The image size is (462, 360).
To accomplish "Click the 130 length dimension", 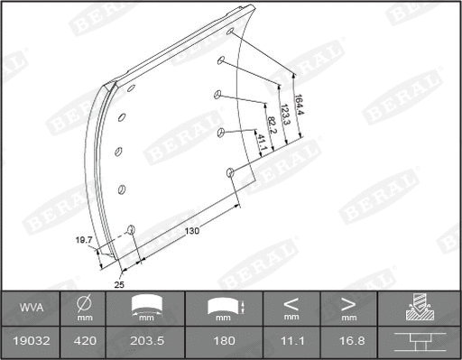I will (x=191, y=230).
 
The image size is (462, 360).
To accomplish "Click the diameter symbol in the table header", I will (x=84, y=302).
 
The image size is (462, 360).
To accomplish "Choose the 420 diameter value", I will (x=84, y=343).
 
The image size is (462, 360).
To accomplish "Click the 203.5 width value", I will (x=145, y=343).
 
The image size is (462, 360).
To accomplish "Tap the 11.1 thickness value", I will (x=291, y=343).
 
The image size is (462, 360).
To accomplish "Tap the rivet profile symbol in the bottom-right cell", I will (x=419, y=343).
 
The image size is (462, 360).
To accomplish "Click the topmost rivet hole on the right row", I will (x=231, y=32).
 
